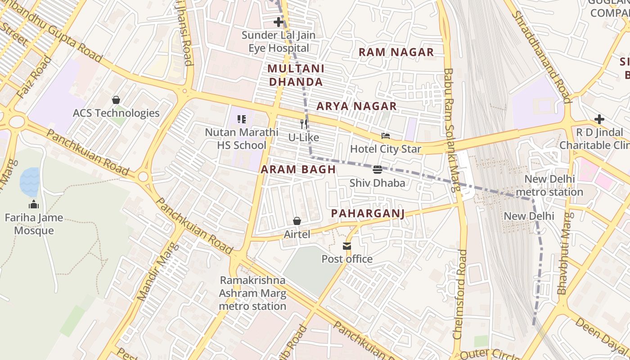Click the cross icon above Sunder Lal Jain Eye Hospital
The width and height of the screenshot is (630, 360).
[279, 22]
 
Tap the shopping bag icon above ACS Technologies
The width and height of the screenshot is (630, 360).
[116, 100]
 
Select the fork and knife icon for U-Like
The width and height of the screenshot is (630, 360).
[304, 124]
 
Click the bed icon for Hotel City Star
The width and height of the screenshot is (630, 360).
[386, 135]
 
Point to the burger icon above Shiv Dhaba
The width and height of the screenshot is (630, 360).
[377, 170]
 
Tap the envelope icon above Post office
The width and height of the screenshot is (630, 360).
[346, 246]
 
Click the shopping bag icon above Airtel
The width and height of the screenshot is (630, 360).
[297, 221]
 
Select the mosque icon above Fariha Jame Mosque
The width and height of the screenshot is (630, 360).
[34, 205]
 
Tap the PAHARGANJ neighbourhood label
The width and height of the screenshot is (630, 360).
[368, 213]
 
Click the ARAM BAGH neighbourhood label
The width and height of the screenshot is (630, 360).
[298, 170]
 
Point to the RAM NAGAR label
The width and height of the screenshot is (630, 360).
[396, 52]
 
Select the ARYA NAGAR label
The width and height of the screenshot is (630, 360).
[356, 107]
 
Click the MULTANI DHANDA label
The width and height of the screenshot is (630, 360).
[296, 75]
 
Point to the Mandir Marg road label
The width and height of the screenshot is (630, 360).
[155, 277]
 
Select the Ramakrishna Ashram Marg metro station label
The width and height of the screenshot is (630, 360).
[252, 293]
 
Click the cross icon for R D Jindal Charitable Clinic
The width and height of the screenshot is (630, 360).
[599, 119]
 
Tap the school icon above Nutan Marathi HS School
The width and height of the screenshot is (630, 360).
[242, 119]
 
